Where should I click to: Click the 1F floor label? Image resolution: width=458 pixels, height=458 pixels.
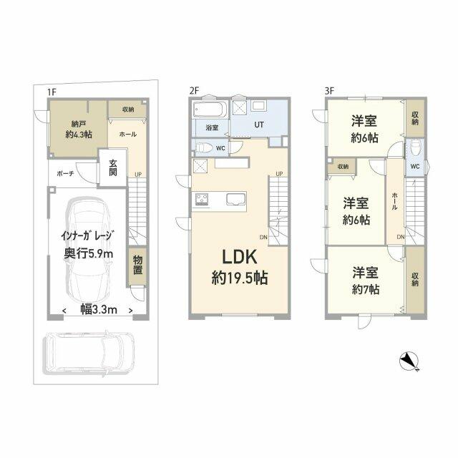52,92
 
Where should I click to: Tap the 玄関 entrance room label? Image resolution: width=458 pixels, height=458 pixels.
113,167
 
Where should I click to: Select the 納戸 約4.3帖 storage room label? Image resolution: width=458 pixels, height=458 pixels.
79,130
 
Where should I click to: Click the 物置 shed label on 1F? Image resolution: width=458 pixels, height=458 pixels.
137,265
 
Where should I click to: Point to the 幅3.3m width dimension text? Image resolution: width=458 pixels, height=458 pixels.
99,310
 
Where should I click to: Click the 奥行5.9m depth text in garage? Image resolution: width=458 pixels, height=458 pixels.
89,254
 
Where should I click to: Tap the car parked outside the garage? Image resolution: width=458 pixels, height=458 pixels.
89,354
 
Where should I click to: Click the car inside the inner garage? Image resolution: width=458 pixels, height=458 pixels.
89,251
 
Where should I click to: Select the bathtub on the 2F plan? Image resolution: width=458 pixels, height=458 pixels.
210,109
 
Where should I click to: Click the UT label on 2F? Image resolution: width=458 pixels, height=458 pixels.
259,125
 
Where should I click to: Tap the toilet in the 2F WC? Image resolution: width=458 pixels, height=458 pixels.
204,147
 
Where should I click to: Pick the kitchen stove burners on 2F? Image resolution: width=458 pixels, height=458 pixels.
202,200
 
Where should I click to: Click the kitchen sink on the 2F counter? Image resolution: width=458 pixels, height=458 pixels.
235,199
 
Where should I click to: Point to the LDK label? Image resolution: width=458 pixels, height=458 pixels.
240,257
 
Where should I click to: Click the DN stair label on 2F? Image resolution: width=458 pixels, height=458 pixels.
263,238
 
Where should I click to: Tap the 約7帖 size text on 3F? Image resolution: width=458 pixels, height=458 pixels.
366,289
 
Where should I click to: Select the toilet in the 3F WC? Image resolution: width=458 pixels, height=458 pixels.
415,148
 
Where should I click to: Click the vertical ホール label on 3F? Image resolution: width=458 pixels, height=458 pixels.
394,201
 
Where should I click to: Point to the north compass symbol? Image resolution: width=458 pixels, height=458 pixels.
409,361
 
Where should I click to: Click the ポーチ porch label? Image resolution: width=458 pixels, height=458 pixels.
65,173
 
